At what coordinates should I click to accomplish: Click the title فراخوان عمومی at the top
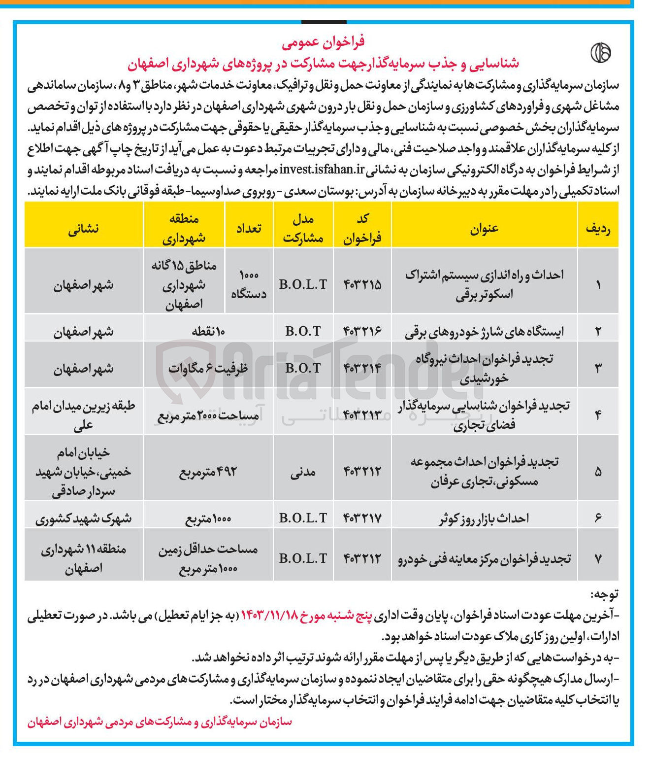click(323, 43)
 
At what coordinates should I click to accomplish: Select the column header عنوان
click(484, 228)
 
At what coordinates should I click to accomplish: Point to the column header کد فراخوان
click(362, 229)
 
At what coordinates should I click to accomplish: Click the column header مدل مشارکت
click(303, 229)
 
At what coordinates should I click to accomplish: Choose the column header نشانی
click(83, 228)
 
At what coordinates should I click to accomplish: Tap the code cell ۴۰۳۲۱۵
click(362, 284)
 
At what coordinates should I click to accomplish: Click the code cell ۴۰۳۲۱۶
click(362, 331)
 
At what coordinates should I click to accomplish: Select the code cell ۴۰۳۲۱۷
click(362, 518)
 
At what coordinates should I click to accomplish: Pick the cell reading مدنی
click(303, 472)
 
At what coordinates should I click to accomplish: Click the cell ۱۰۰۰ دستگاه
click(249, 284)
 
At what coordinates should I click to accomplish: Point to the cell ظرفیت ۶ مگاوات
click(208, 368)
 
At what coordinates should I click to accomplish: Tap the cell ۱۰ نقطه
click(208, 331)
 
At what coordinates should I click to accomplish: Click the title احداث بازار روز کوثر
click(484, 518)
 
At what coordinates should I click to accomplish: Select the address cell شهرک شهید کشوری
click(83, 518)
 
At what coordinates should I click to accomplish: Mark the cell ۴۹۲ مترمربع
click(208, 472)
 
